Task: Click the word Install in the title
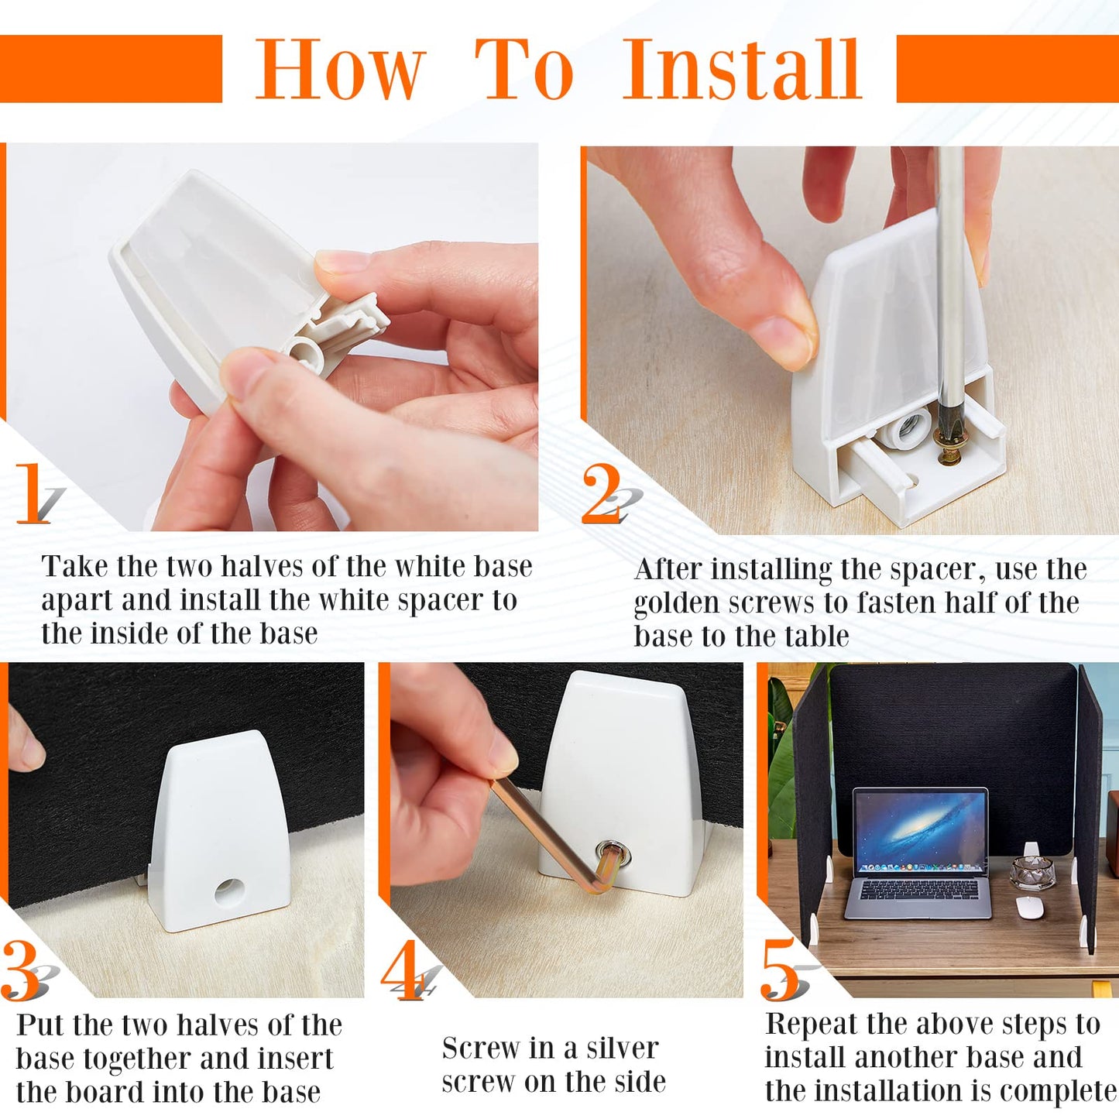click(x=742, y=69)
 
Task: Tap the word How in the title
click(x=341, y=69)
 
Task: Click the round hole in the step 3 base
click(x=230, y=892)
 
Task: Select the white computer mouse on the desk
click(x=1028, y=907)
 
